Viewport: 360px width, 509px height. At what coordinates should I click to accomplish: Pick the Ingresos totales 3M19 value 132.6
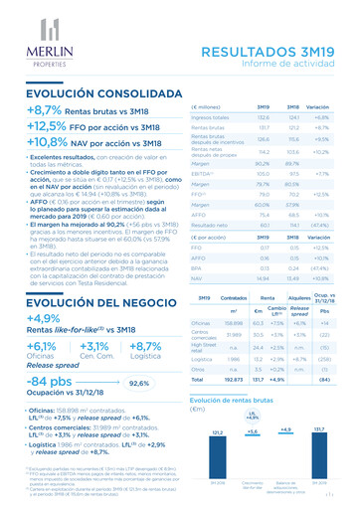[x=265, y=117]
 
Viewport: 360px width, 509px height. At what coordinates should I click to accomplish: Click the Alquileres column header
[x=298, y=296]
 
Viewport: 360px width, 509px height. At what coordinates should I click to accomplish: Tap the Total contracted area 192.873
[x=236, y=379]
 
